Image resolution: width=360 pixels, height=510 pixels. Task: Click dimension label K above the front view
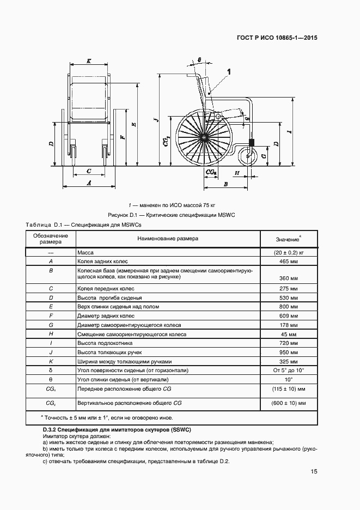[89, 61]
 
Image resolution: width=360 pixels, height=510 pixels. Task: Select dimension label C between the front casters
[89, 171]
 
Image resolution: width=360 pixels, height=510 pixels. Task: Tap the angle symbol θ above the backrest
[199, 59]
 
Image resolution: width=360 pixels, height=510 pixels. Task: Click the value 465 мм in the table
[288, 262]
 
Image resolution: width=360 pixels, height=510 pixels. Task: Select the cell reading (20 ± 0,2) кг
[288, 253]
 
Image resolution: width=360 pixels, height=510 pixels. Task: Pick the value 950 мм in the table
[288, 353]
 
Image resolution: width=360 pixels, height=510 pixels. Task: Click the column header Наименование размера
[168, 239]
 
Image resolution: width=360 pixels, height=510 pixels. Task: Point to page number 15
[314, 472]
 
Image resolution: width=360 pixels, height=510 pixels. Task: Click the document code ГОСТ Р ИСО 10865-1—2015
[277, 38]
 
